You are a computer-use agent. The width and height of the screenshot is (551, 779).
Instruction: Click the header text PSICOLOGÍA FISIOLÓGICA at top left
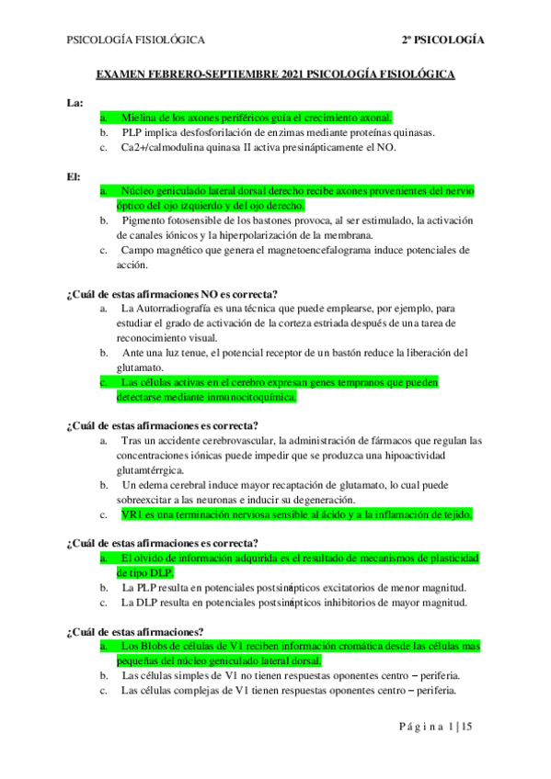click(135, 40)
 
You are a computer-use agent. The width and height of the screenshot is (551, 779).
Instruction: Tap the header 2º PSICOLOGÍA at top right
click(442, 40)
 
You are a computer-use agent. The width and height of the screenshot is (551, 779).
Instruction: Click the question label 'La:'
click(75, 102)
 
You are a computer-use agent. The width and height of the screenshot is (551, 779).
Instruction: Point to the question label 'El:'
click(74, 175)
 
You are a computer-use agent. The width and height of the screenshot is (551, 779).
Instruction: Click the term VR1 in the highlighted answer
click(132, 514)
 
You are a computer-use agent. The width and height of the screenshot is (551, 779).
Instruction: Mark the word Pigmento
click(145, 220)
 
